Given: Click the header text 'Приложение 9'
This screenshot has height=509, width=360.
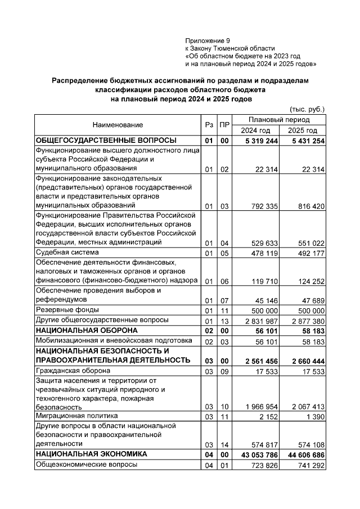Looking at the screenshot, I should coord(208,41).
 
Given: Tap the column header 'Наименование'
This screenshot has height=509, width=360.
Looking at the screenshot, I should coord(118,125).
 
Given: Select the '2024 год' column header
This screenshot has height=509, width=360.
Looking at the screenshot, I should coord(256,130).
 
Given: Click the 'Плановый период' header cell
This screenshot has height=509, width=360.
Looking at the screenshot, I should coord(279,120).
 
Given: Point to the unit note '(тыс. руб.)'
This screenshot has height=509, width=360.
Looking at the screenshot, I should coord(307,109).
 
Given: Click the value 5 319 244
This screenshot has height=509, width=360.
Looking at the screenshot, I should coord(258,141).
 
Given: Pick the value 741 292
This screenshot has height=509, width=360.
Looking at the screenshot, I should coord(310,465).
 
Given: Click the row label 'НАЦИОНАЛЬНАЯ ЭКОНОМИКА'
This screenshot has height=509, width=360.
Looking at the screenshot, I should coord(91,453).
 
